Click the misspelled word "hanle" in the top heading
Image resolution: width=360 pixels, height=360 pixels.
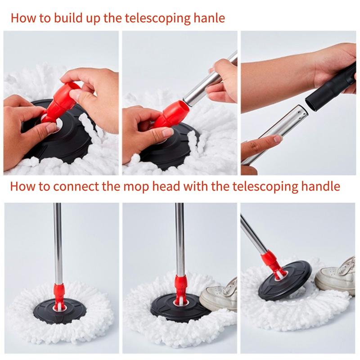tap(209, 18)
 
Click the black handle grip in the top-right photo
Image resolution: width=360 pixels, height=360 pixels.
tap(331, 87)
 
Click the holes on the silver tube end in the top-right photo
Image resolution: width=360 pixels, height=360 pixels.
tap(300, 113)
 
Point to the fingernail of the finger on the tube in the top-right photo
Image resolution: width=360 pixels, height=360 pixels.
tap(277, 139)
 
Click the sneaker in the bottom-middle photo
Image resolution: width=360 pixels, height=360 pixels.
tap(219, 297)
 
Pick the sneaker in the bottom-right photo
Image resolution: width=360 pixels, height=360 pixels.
tap(336, 275)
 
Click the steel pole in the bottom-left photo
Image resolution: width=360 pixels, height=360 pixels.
tap(58, 244)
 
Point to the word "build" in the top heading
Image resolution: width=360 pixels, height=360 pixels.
tap(68, 18)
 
